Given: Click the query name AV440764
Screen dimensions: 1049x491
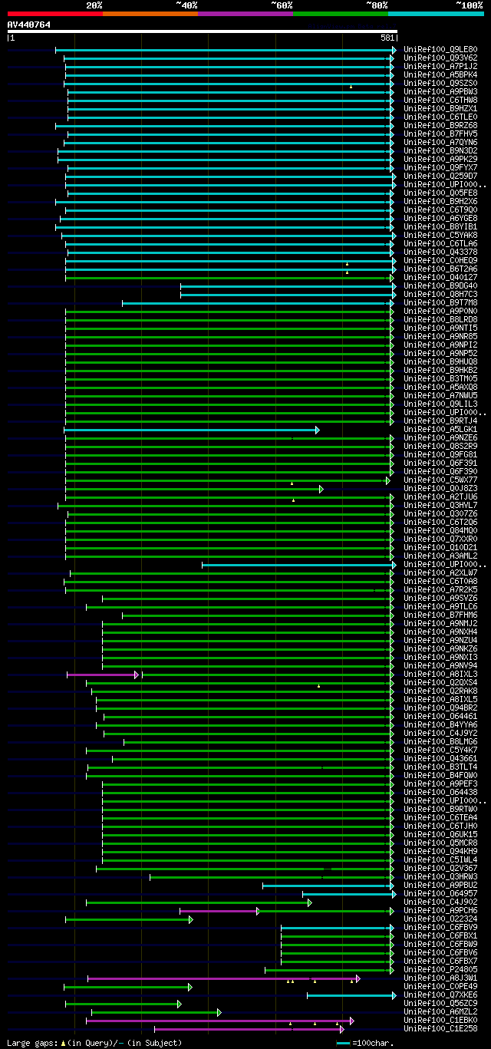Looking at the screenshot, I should [29, 25].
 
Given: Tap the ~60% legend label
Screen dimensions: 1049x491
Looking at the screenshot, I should [282, 5].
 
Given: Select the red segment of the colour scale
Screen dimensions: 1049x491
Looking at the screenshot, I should [54, 14].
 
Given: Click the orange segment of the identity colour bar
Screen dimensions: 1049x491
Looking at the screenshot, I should [150, 14].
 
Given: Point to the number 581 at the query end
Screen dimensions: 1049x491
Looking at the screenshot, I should [387, 37].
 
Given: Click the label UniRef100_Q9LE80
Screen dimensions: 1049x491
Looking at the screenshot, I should [440, 50].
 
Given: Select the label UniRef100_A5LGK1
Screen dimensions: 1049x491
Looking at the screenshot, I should [440, 430].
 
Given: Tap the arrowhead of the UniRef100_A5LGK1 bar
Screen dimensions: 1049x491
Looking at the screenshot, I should [317, 430].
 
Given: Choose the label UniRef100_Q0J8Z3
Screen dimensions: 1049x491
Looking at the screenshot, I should [440, 489].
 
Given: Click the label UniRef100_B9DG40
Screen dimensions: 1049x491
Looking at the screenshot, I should [440, 286].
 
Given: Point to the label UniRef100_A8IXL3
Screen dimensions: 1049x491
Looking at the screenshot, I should [440, 675].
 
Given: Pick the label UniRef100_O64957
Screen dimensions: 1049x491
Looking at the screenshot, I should [440, 894].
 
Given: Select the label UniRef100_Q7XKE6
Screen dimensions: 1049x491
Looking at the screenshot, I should [440, 995].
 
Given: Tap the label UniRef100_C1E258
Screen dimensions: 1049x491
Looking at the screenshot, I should [440, 1029].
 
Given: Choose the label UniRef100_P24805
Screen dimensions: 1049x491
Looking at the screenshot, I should [440, 970].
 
